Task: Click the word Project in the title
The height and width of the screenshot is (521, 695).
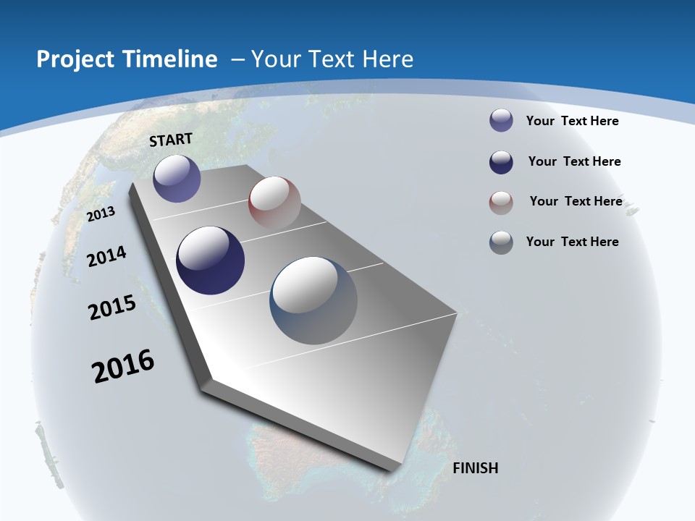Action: pyautogui.click(x=73, y=59)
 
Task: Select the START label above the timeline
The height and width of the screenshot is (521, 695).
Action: pyautogui.click(x=171, y=140)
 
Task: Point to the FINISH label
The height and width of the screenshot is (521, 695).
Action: pyautogui.click(x=475, y=468)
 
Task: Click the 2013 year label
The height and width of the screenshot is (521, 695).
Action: pyautogui.click(x=101, y=214)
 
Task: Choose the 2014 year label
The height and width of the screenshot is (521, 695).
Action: pyautogui.click(x=107, y=256)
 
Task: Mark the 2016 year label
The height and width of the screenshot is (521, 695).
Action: pyautogui.click(x=123, y=366)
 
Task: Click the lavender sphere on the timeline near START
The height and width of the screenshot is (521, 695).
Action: pyautogui.click(x=177, y=178)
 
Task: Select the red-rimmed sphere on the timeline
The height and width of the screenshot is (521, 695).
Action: pyautogui.click(x=274, y=202)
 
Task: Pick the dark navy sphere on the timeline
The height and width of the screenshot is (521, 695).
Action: pyautogui.click(x=211, y=260)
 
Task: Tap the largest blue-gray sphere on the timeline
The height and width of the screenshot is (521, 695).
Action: pyautogui.click(x=313, y=300)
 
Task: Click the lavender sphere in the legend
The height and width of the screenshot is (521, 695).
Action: pyautogui.click(x=501, y=121)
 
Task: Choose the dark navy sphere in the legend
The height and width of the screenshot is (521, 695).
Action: pyautogui.click(x=501, y=162)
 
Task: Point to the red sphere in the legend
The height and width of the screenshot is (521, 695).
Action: pyautogui.click(x=501, y=203)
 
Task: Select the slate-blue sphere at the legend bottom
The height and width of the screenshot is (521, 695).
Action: pyautogui.click(x=501, y=242)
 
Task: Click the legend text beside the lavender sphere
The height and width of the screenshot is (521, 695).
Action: pyautogui.click(x=572, y=121)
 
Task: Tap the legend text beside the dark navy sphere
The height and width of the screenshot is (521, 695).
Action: pyautogui.click(x=574, y=161)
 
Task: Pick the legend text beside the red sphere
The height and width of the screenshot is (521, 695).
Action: pyautogui.click(x=576, y=201)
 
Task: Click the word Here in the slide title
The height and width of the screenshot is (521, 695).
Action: pyautogui.click(x=387, y=59)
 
